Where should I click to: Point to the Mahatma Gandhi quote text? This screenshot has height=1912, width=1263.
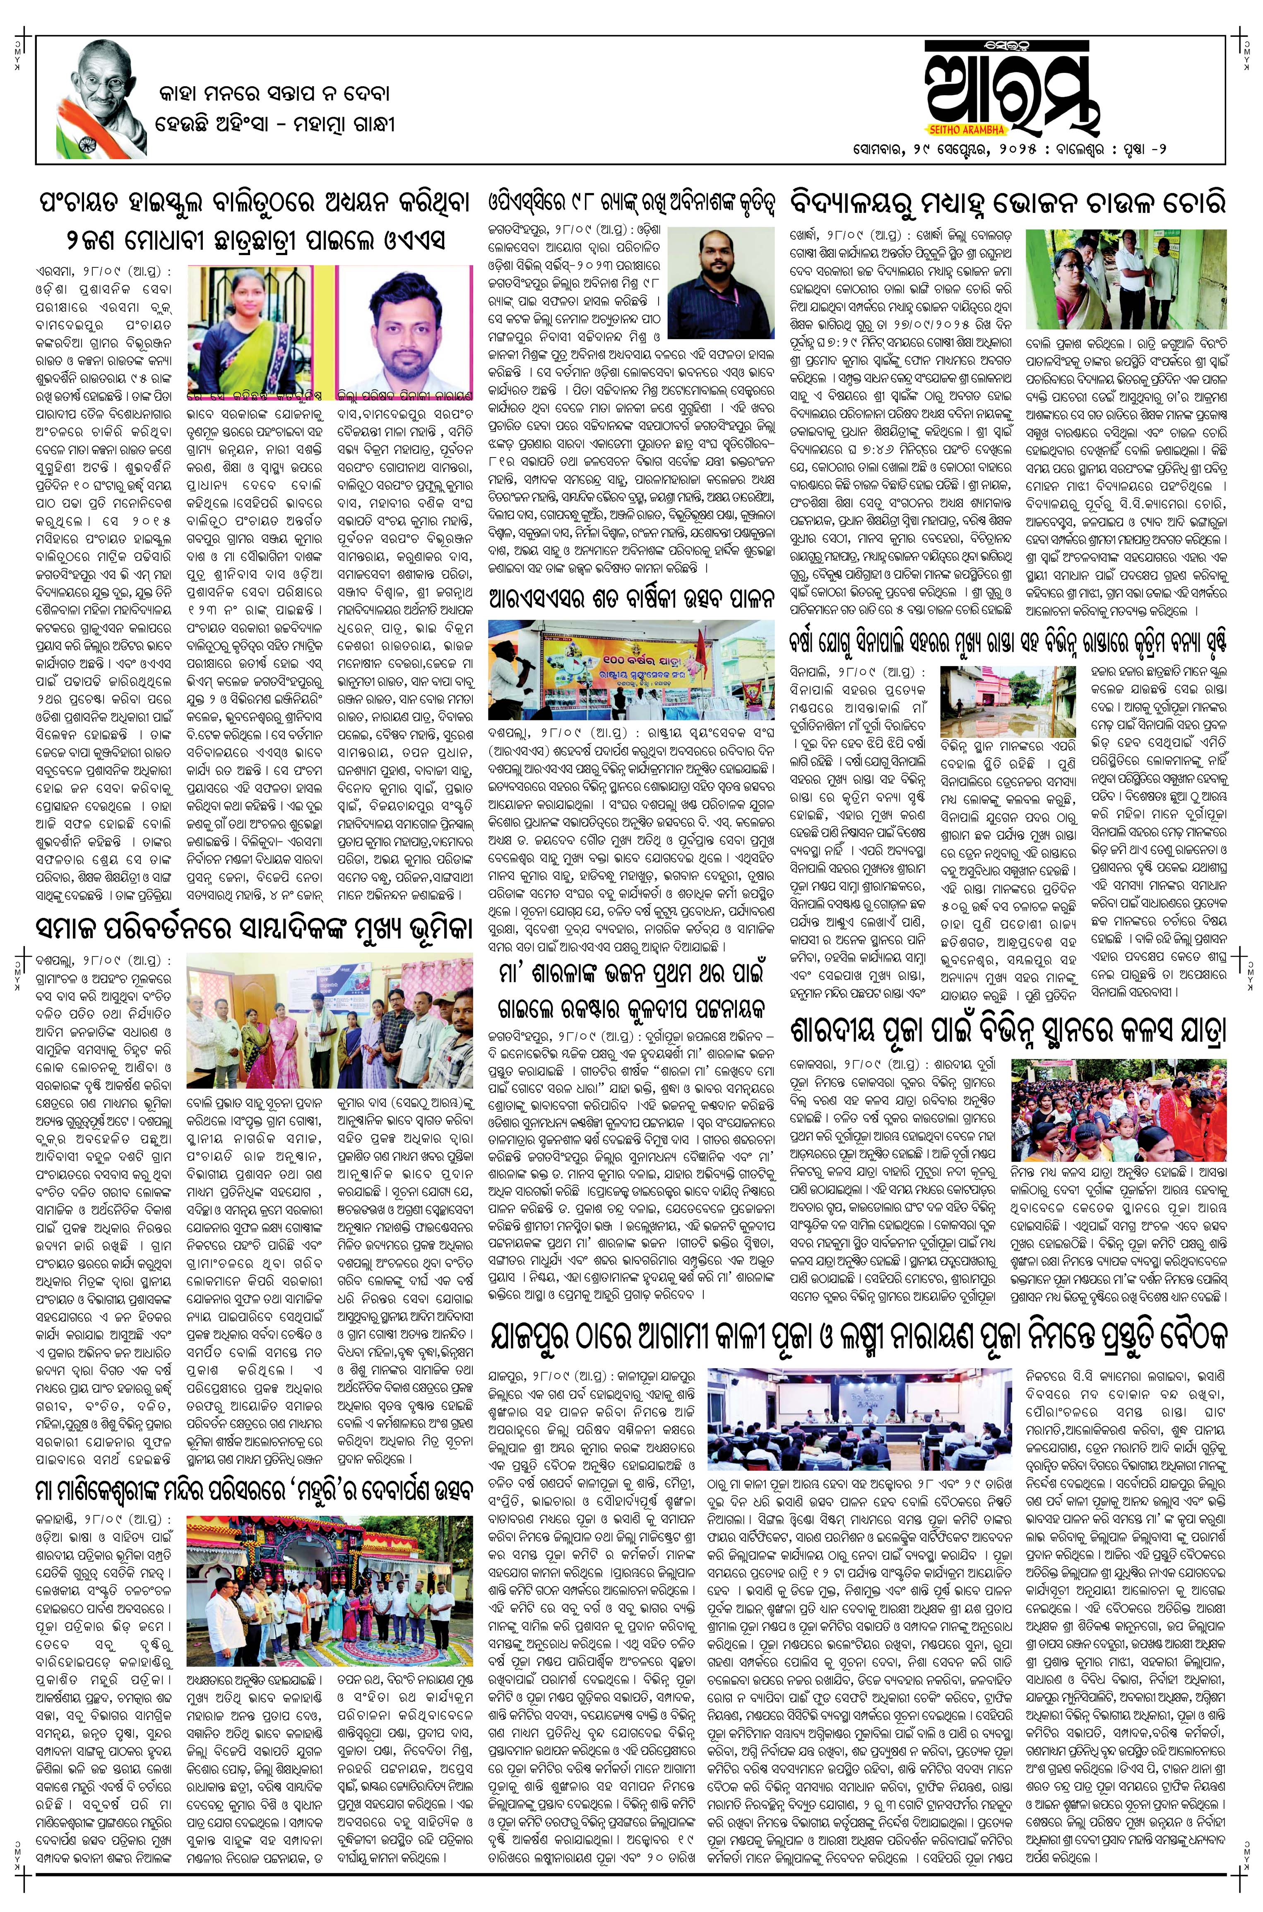pyautogui.click(x=274, y=110)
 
